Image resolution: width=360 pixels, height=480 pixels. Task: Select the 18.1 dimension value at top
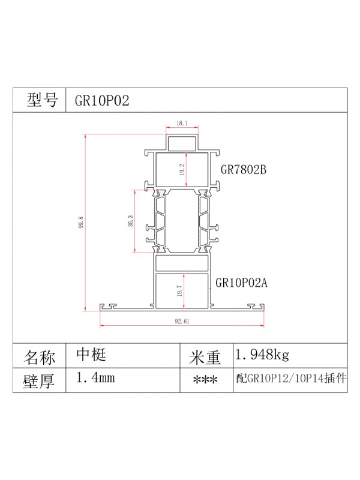point(182,124)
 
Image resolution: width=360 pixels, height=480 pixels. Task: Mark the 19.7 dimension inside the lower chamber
point(179,292)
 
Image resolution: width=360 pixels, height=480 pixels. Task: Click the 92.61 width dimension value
point(182,321)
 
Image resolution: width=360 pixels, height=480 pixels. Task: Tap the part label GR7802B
point(243,170)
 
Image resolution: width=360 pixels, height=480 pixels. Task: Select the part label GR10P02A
point(241,283)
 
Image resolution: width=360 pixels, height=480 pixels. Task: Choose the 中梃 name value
point(91,355)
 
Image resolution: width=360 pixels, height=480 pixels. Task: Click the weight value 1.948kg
point(262,355)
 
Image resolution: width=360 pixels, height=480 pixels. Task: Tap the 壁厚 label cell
point(40,381)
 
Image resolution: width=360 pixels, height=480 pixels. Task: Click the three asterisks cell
point(205,380)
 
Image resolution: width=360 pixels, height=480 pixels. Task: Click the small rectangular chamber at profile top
point(182,143)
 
